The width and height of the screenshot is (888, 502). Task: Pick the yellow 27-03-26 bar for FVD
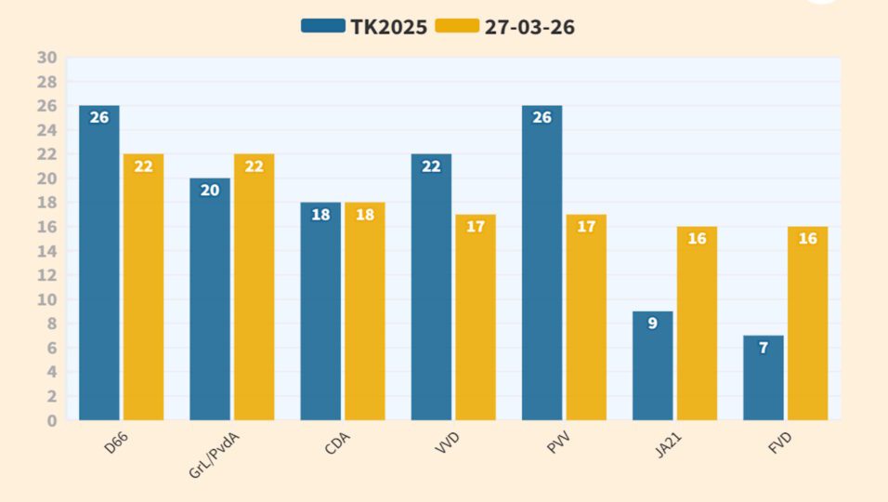(807, 325)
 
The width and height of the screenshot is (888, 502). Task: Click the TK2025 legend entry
(364, 27)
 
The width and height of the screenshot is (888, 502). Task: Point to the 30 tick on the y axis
(47, 58)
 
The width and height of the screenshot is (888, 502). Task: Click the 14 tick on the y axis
(47, 251)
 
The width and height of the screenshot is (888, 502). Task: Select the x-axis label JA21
(667, 443)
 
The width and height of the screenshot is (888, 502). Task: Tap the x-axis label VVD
(447, 443)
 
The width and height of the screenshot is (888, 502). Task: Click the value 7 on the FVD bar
(764, 348)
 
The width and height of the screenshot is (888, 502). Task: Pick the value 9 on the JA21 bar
(652, 324)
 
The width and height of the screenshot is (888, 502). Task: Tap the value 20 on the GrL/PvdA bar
(210, 191)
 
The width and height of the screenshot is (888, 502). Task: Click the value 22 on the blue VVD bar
(431, 166)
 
